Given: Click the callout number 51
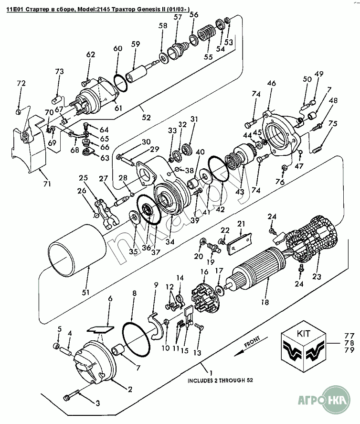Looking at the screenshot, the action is coord(85,293).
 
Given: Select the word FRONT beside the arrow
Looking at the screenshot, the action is coord(252,341).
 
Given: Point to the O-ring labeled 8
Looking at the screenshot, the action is coord(137,338).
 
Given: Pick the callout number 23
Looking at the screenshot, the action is coord(317,277).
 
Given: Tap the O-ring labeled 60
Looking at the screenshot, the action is coord(120,84).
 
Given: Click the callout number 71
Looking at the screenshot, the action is coord(47,184).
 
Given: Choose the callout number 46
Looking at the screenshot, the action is coord(272,83).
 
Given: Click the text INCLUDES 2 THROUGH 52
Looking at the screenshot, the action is coord(221,380).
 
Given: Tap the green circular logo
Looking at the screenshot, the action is coord(336,399).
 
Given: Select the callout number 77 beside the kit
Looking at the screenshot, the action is coord(349,336).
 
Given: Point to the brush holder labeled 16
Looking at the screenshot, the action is coord(203,297).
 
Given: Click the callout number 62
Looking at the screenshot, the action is coord(91,54).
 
